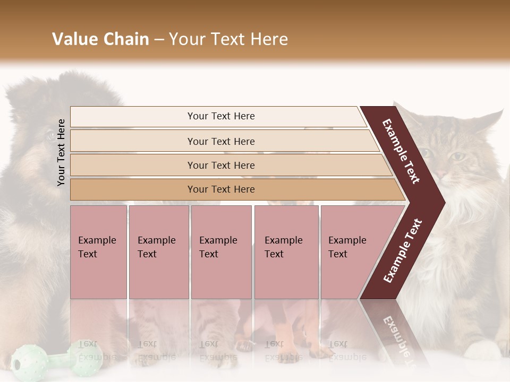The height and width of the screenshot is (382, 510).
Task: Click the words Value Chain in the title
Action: tap(100, 39)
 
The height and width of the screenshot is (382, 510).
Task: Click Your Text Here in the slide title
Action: tap(228, 39)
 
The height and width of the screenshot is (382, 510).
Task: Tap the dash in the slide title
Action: tap(159, 40)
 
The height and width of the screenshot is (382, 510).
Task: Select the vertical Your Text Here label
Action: tap(61, 152)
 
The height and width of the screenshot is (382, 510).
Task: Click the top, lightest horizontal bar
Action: tap(220, 116)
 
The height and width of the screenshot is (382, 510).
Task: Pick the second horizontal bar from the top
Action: tap(220, 141)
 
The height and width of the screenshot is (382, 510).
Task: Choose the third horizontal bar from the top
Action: tap(220, 165)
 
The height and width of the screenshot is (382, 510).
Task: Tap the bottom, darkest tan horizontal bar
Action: tap(220, 189)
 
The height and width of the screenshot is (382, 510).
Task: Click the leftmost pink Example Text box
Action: tap(98, 252)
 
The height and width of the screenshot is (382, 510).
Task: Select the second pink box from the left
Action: tap(158, 252)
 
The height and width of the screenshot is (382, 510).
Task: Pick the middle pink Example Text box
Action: tap(221, 252)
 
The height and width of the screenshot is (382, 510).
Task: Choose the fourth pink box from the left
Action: tap(286, 252)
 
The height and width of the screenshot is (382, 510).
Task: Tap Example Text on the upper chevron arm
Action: tap(401, 151)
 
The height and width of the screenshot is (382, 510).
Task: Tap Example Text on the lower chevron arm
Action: tap(403, 250)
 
